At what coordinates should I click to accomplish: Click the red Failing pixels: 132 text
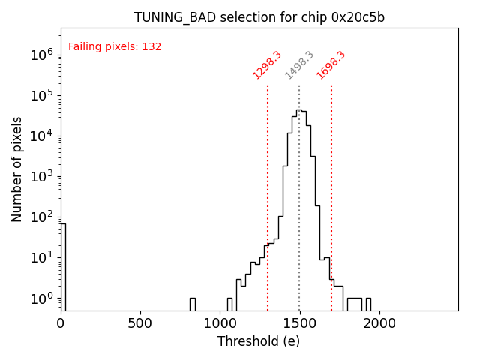pyautogui.click(x=115, y=47)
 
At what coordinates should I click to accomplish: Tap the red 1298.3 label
pyautogui.click(x=267, y=65)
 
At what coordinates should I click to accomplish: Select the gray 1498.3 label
pyautogui.click(x=299, y=65)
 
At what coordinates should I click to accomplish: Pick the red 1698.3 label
pyautogui.click(x=331, y=65)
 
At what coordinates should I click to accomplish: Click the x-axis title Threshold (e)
pyautogui.click(x=259, y=341)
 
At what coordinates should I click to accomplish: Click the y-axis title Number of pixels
pyautogui.click(x=17, y=169)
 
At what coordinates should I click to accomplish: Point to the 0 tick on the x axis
pyautogui.click(x=61, y=323)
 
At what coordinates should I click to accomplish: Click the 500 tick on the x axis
pyautogui.click(x=140, y=323)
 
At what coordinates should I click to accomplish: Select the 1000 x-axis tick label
pyautogui.click(x=220, y=323)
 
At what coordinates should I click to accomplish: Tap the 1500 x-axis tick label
pyautogui.click(x=299, y=323)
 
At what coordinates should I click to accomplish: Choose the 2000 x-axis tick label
pyautogui.click(x=379, y=323)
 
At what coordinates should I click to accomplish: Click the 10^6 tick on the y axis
pyautogui.click(x=40, y=55)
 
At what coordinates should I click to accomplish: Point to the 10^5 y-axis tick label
pyautogui.click(x=40, y=95)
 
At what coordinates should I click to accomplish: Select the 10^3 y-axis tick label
pyautogui.click(x=40, y=176)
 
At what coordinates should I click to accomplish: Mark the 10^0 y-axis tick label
pyautogui.click(x=40, y=298)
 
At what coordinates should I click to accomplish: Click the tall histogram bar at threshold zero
pyautogui.click(x=63, y=262)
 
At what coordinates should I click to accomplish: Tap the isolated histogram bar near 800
pyautogui.click(x=192, y=304)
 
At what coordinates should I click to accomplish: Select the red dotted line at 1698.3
pyautogui.click(x=331, y=187)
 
